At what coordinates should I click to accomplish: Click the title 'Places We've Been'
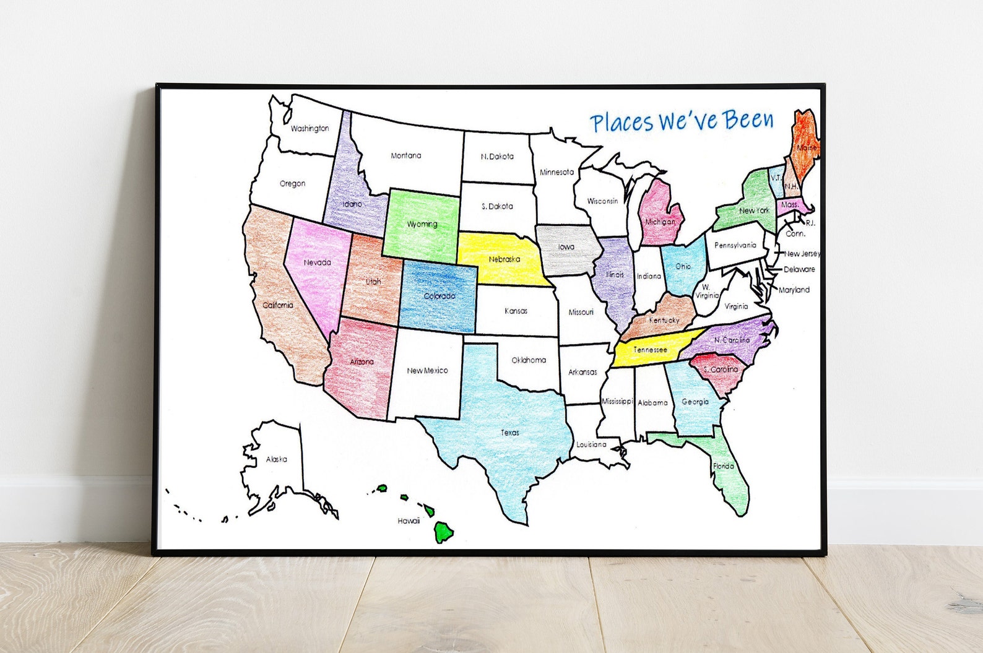(x=682, y=121)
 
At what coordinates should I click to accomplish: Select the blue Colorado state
(x=439, y=296)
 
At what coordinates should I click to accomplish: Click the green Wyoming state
(x=422, y=224)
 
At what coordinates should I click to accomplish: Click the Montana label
(x=406, y=155)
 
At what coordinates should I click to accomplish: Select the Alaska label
(x=276, y=459)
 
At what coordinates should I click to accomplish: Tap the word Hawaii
(x=409, y=521)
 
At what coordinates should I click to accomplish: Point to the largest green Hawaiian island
(x=444, y=531)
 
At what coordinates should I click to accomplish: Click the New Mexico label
(x=427, y=370)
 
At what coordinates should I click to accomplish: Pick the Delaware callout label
(x=799, y=269)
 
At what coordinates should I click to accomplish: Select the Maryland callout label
(x=794, y=290)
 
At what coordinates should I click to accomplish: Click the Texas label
(x=510, y=433)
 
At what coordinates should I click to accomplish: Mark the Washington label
(x=310, y=129)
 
